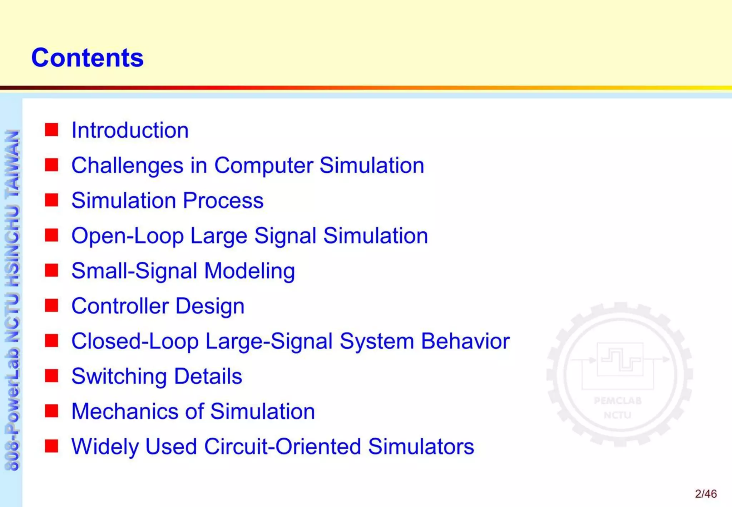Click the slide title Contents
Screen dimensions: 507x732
(87, 58)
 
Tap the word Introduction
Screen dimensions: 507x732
(130, 130)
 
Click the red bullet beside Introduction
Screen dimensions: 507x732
(51, 129)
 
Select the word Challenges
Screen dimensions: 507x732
(127, 166)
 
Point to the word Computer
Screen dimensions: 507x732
(263, 166)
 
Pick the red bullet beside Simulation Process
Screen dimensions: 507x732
(51, 200)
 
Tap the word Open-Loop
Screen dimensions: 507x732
(127, 236)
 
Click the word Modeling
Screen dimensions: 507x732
(249, 271)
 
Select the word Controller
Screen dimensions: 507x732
(120, 306)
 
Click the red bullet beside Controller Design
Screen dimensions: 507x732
(51, 305)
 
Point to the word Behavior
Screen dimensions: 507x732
(465, 341)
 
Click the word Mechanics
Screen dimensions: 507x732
(124, 411)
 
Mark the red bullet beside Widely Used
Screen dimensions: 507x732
(51, 446)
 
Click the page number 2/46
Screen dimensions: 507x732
(706, 494)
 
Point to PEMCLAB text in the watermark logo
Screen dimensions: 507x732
(618, 400)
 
